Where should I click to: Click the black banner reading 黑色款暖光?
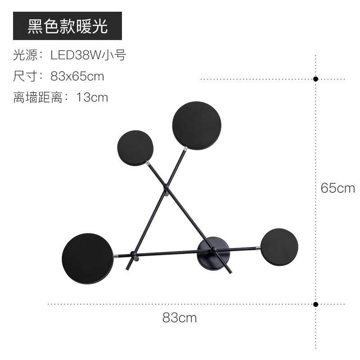(x=67, y=26)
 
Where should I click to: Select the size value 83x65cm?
(x=77, y=76)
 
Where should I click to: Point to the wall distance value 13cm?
(x=92, y=97)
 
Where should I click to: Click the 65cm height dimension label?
(x=337, y=188)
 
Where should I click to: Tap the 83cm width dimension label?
(x=180, y=318)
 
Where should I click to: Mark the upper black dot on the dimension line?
(x=316, y=79)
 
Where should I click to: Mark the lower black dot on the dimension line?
(x=316, y=304)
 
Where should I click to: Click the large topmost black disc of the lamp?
(x=197, y=126)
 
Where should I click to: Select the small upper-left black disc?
(x=135, y=148)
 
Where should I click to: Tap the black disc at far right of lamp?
(x=279, y=248)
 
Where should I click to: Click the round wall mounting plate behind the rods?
(x=213, y=253)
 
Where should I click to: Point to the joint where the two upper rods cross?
(x=166, y=185)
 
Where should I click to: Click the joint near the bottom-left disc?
(x=132, y=254)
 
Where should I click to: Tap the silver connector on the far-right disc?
(x=258, y=247)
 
